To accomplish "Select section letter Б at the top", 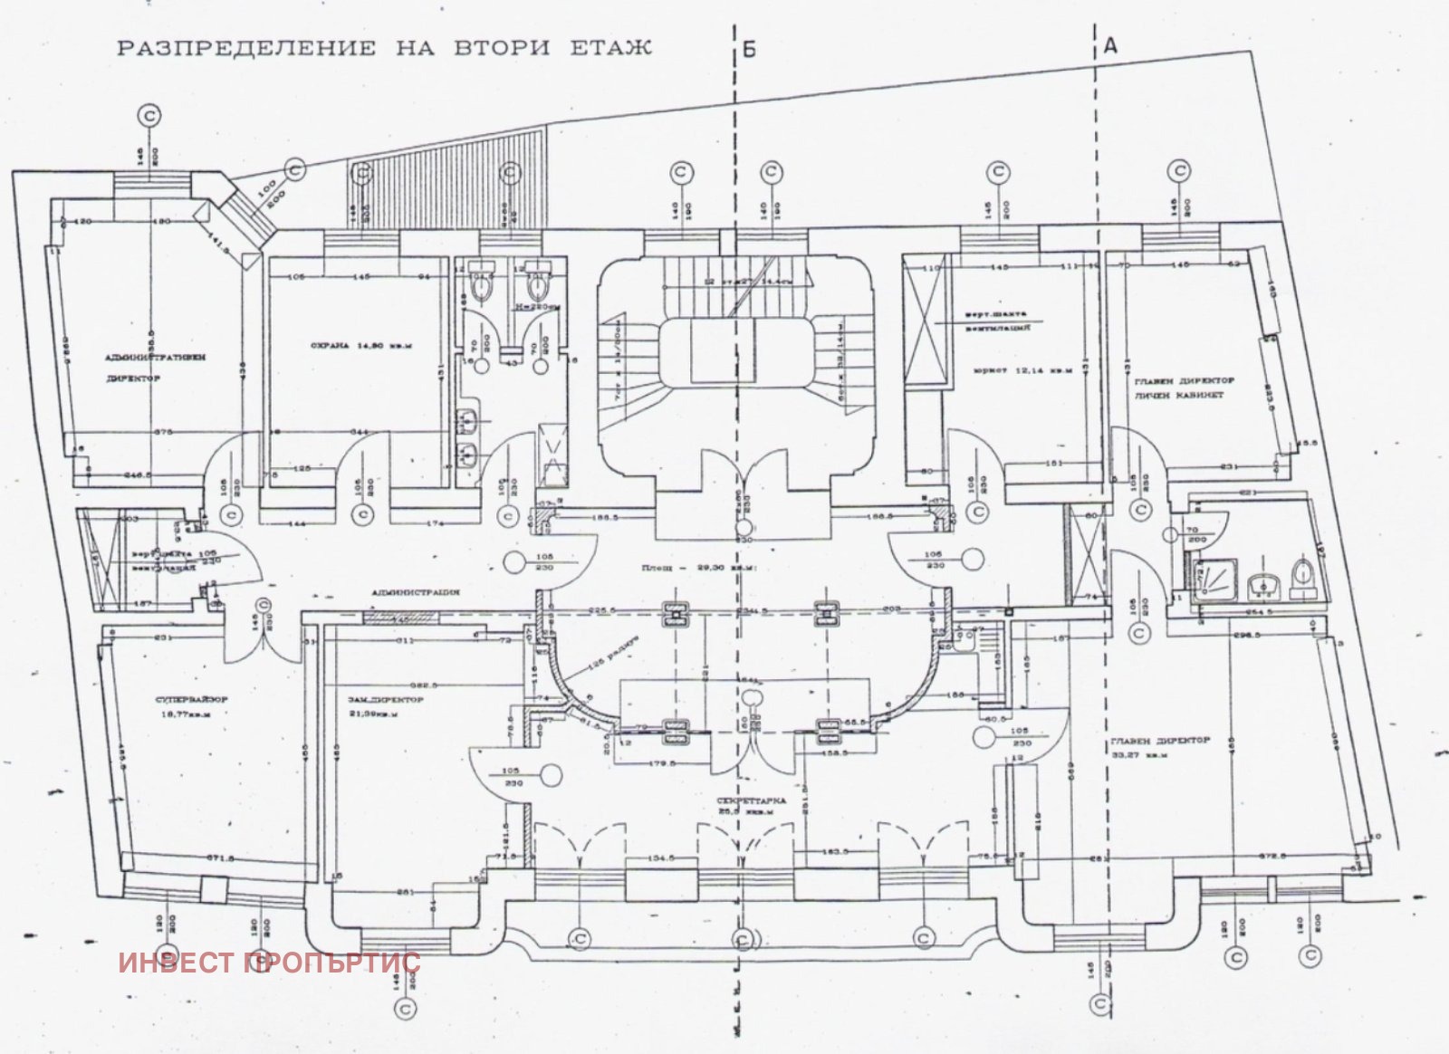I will pos(749,50).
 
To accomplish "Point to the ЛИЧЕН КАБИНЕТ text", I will pos(1176,396).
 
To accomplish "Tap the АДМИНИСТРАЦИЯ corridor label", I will pos(416,591).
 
